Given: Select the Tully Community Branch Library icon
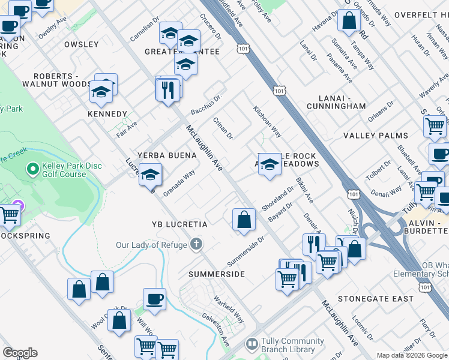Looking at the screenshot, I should coord(253,346).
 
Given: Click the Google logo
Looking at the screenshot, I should coord(20,353).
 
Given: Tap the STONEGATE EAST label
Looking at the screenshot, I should coord(376,298).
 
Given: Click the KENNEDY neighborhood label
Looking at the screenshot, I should coord(107,114).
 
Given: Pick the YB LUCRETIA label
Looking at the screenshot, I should coord(179,224).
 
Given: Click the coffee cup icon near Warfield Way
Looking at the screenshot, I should coord(154,299).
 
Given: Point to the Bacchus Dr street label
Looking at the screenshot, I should coord(206,104).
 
